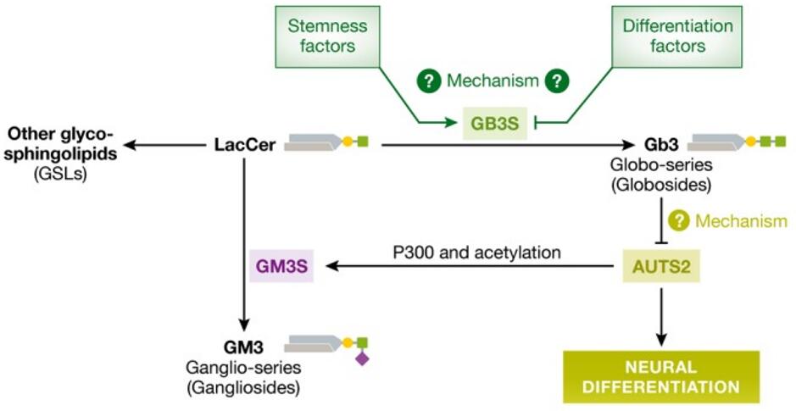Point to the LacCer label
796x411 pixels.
tap(244, 146)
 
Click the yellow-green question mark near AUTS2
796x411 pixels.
tap(679, 221)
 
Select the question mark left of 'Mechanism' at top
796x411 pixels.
tap(429, 81)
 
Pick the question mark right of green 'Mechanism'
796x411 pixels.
tap(556, 81)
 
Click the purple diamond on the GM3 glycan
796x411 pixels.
tap(362, 359)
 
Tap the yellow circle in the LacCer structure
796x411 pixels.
tap(345, 142)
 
